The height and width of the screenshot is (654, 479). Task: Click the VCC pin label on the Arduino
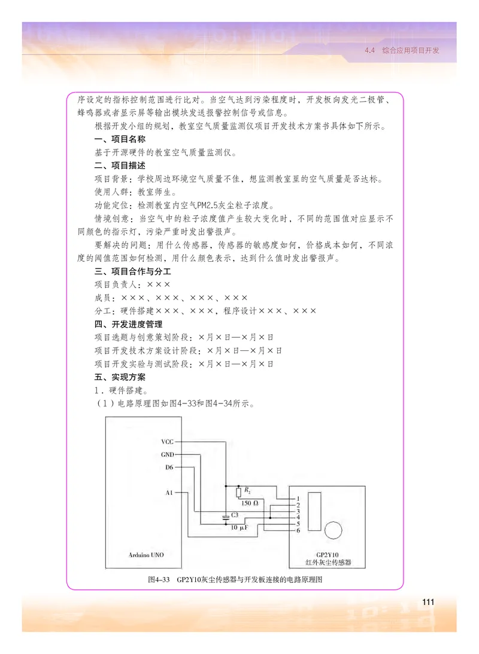(167, 442)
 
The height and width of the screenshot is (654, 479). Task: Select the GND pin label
(167, 454)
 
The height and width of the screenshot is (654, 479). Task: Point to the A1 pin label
(168, 493)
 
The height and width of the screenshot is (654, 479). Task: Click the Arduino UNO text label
(146, 554)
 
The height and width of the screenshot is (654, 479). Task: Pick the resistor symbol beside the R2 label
(239, 492)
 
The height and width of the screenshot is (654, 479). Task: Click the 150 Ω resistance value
(250, 503)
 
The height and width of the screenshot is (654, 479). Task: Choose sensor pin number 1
(298, 498)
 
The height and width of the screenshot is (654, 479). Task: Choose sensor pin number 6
(298, 530)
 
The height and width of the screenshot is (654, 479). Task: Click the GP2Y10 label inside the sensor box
(326, 554)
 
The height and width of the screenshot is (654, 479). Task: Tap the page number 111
(428, 601)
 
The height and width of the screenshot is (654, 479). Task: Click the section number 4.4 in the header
(369, 51)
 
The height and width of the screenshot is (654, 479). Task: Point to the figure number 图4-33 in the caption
(159, 579)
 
